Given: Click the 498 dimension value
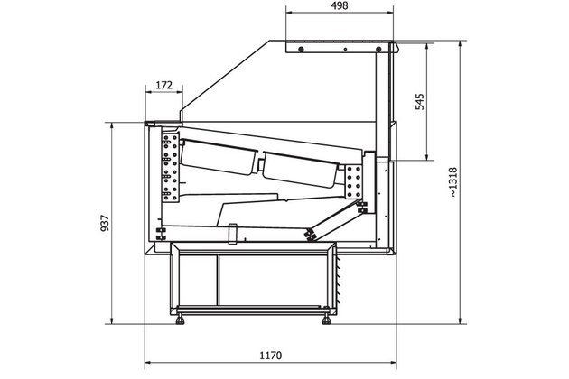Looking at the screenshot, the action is [340, 5].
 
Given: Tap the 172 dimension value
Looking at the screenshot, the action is [163, 85].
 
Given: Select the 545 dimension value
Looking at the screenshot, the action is [419, 102].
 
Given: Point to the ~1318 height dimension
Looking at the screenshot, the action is [452, 182].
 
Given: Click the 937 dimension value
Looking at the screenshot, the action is [105, 223].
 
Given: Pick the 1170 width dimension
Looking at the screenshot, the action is [270, 355].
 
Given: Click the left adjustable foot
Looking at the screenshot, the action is [180, 319].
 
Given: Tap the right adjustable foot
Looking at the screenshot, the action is [326, 319].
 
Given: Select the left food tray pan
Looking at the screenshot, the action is [219, 157].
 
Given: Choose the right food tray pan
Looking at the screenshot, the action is [300, 170].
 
